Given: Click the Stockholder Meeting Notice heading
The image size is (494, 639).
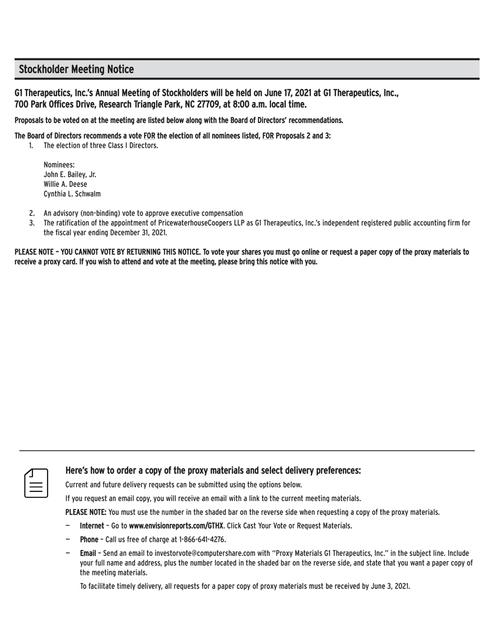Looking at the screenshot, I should [77, 70].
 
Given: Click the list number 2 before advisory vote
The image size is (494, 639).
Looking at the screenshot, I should [31, 213].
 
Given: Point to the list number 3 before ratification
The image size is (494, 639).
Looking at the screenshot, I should [31, 223].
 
